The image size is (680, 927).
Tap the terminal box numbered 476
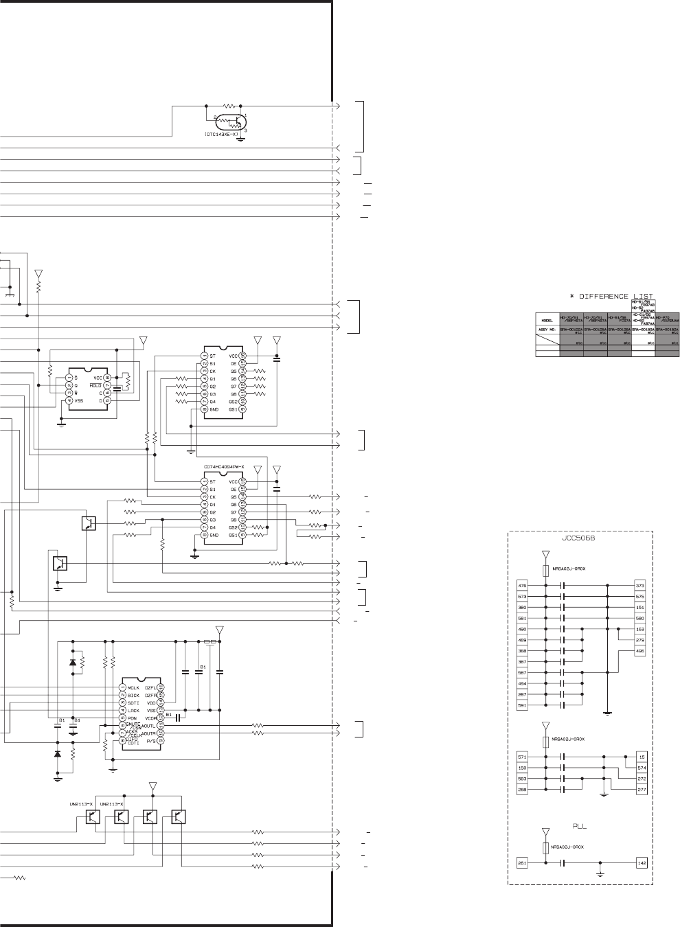tap(523, 586)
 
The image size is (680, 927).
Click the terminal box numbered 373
tap(640, 586)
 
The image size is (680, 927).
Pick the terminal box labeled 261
tap(523, 863)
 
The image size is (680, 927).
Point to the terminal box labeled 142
tap(642, 863)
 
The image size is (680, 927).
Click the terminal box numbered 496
tap(640, 651)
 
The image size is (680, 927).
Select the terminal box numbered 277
tap(642, 790)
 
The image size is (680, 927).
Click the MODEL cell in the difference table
tap(547, 319)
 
